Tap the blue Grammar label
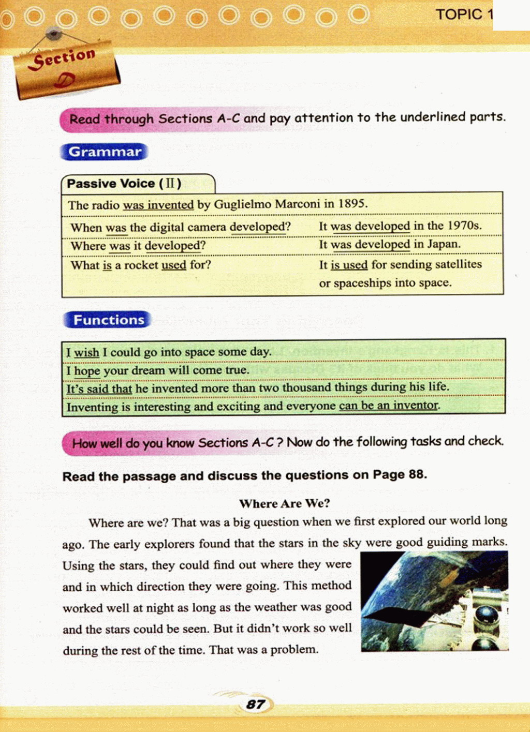coord(105,152)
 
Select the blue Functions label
coord(108,320)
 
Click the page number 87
coord(256,704)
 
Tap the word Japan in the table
coord(443,244)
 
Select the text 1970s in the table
coord(464,226)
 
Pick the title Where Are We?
coord(284,503)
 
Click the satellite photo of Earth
coord(434,601)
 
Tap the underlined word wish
coord(86,352)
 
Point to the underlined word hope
coord(87,370)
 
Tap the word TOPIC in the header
coord(459,14)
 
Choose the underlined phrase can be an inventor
coord(389,406)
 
